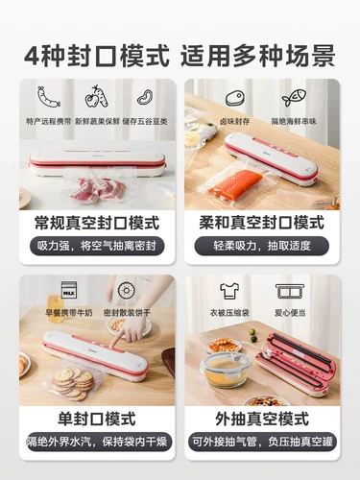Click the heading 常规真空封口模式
97,222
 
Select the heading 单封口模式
97,419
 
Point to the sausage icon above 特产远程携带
48,96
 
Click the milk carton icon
69,289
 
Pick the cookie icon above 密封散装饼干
124,289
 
